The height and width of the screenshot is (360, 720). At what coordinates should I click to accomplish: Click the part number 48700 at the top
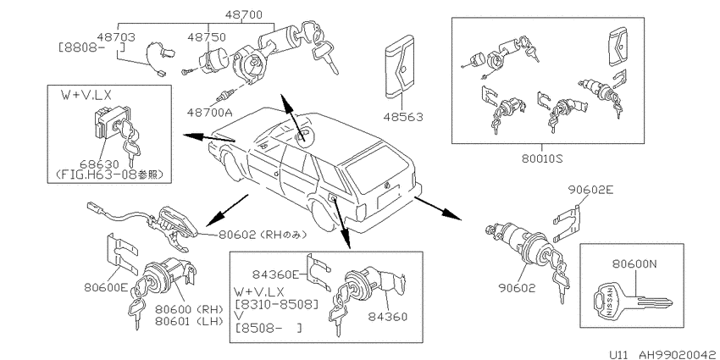pyautogui.click(x=244, y=14)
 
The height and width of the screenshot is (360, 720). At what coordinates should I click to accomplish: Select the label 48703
pyautogui.click(x=116, y=36)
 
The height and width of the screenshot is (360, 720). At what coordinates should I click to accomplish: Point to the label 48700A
pyautogui.click(x=210, y=112)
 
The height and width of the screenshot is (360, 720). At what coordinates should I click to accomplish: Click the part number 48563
pyautogui.click(x=402, y=117)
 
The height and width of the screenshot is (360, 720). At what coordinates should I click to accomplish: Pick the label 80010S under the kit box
pyautogui.click(x=542, y=159)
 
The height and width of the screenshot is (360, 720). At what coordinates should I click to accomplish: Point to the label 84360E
pyautogui.click(x=275, y=274)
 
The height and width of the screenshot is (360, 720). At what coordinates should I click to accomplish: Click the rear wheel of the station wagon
pyautogui.click(x=322, y=215)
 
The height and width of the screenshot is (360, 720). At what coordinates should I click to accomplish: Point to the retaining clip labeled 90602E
pyautogui.click(x=568, y=224)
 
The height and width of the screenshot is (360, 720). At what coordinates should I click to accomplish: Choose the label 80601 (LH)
pyautogui.click(x=189, y=320)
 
